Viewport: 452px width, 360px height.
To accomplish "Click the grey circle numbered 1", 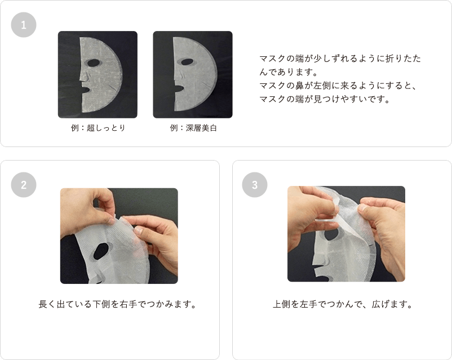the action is click(24, 25).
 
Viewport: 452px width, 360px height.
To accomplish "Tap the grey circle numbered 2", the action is click(24, 185).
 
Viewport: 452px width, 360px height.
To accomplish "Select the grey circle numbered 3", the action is click(255, 185).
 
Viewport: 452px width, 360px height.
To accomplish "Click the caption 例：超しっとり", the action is click(98, 128).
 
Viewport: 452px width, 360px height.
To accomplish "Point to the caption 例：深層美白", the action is click(193, 128).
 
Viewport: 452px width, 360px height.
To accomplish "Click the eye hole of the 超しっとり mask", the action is click(93, 63).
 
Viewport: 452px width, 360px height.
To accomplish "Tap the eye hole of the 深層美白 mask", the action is click(187, 63).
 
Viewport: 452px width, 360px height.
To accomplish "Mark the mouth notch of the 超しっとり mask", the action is click(86, 90).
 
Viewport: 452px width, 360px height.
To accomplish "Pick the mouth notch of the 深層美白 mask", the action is click(179, 88).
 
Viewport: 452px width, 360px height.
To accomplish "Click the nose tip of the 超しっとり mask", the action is click(81, 78).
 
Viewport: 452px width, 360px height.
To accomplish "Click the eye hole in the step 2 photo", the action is click(101, 251).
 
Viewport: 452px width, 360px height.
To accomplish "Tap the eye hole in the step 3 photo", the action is click(331, 234).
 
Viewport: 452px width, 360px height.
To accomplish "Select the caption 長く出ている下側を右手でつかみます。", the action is click(118, 304).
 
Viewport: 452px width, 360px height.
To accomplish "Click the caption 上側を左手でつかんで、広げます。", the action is click(343, 304).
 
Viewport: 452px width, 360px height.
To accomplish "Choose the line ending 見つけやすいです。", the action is click(325, 99).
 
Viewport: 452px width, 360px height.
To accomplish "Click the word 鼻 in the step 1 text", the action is click(300, 85).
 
